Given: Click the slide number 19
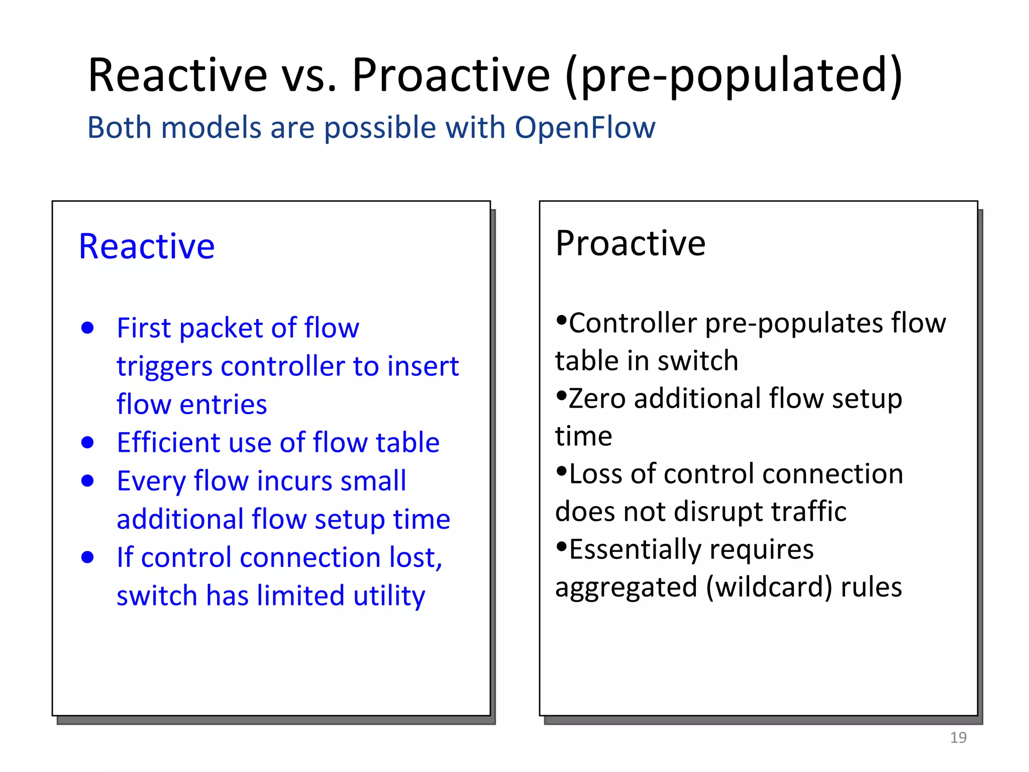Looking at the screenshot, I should click(x=958, y=737).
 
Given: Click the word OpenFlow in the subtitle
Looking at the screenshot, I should click(x=585, y=127).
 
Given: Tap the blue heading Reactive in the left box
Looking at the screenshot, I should click(x=147, y=246).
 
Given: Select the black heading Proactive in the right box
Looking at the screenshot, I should click(x=631, y=243).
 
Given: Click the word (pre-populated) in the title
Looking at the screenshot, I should click(x=734, y=75).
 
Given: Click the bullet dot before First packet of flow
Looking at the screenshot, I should click(x=87, y=328).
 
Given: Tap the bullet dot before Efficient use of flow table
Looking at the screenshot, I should click(x=87, y=442).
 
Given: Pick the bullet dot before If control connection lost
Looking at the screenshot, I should click(x=87, y=557).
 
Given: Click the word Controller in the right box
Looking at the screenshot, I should click(x=633, y=323).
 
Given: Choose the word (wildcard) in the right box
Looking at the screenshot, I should click(x=769, y=587).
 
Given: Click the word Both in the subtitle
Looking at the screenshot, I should click(x=120, y=127).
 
